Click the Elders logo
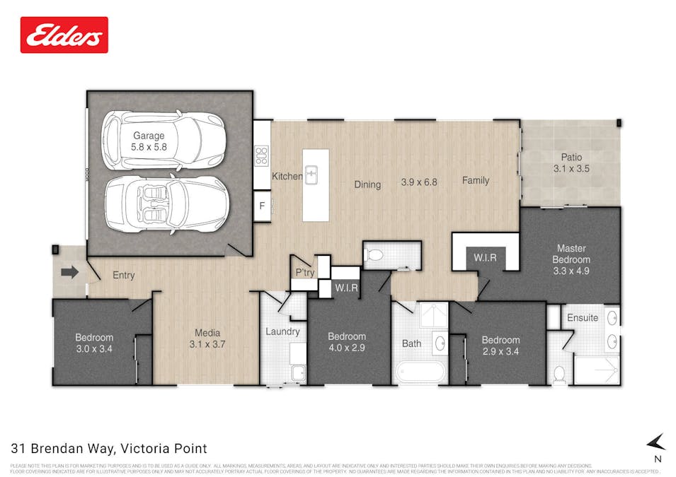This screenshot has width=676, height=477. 64,35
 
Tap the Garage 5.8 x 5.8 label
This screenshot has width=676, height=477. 149,141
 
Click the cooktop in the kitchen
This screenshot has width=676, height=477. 261,155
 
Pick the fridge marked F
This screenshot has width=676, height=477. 262,207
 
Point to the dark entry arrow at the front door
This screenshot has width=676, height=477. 70,271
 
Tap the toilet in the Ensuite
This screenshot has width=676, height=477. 559,375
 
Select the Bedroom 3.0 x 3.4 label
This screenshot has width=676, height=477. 94,343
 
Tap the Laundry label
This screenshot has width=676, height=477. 282,331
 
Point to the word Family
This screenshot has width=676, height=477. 476,180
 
